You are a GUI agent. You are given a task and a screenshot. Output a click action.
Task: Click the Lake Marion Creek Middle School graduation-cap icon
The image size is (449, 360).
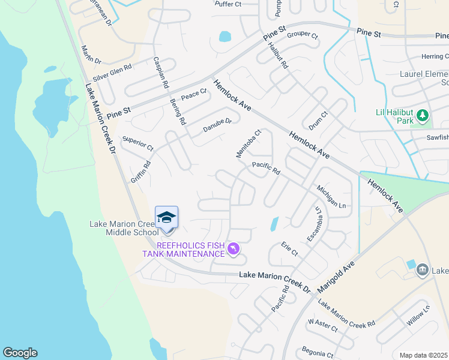coord(166,217)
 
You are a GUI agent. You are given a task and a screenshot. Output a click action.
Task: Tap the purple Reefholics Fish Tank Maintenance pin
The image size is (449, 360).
coord(234,248)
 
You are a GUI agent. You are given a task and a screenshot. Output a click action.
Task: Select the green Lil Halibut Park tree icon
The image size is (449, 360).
coord(423,114)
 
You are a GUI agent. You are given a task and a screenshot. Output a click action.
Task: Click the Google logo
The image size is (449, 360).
coord(20,353)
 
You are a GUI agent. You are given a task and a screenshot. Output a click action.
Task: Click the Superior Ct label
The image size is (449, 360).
coord(137,143)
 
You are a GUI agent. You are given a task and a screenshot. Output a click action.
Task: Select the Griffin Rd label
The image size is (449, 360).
coord(140,172)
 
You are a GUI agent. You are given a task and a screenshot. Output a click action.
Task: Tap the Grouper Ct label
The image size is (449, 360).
coord(302,35)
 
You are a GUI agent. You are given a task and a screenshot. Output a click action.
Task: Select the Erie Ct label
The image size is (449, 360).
coord(289,249)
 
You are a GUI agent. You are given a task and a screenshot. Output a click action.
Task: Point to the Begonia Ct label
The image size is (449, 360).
coord(318,350)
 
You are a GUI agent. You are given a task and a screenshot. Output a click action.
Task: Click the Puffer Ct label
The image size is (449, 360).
coord(228,4)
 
